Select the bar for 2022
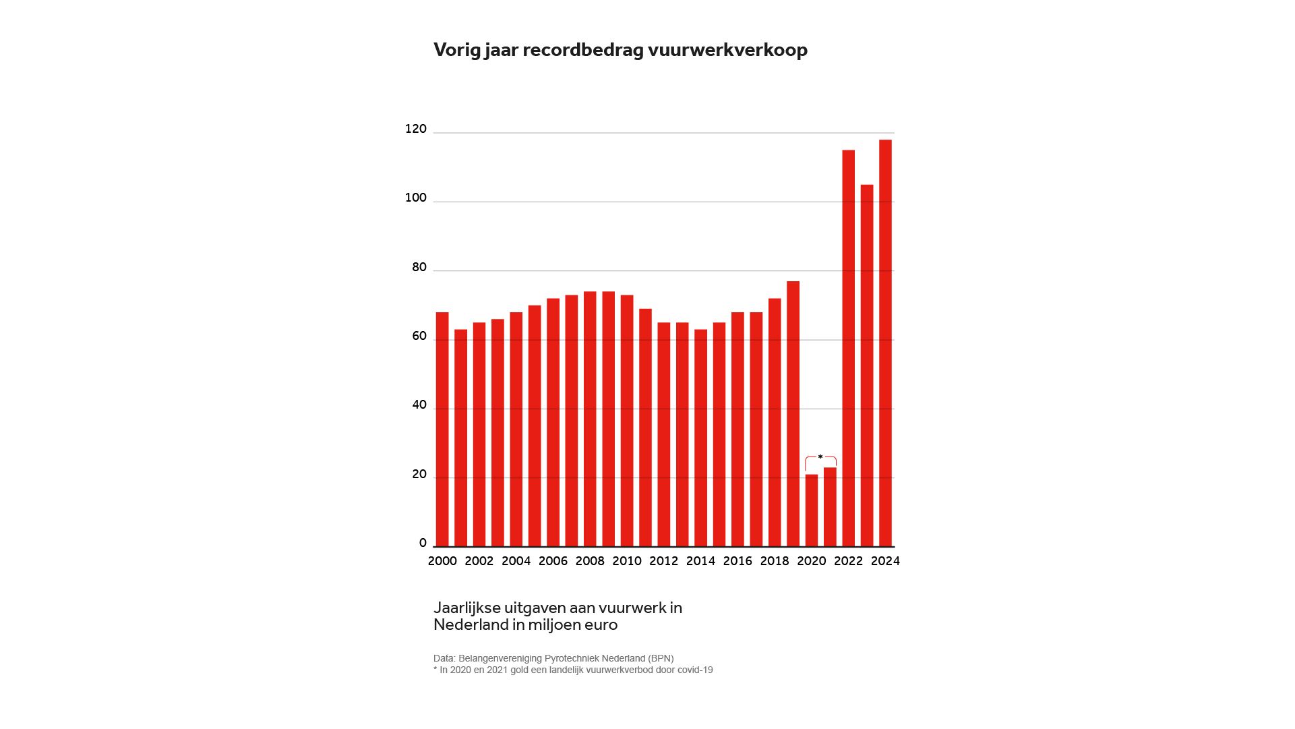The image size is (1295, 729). (848, 348)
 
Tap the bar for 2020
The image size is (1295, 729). (811, 511)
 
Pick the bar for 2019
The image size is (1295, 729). (793, 413)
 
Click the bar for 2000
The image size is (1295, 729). (442, 429)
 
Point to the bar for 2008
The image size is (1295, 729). (590, 419)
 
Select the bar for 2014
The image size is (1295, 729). (700, 438)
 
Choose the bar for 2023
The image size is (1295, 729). (867, 366)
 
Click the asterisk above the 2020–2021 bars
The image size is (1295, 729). (820, 458)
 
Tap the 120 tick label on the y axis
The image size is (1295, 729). (415, 129)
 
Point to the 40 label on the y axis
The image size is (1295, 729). (419, 405)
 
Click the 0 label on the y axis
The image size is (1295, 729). (423, 543)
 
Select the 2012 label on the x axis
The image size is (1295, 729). (663, 561)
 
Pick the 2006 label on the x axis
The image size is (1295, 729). (553, 561)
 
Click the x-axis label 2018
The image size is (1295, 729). (774, 561)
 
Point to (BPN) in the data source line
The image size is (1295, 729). (660, 658)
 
